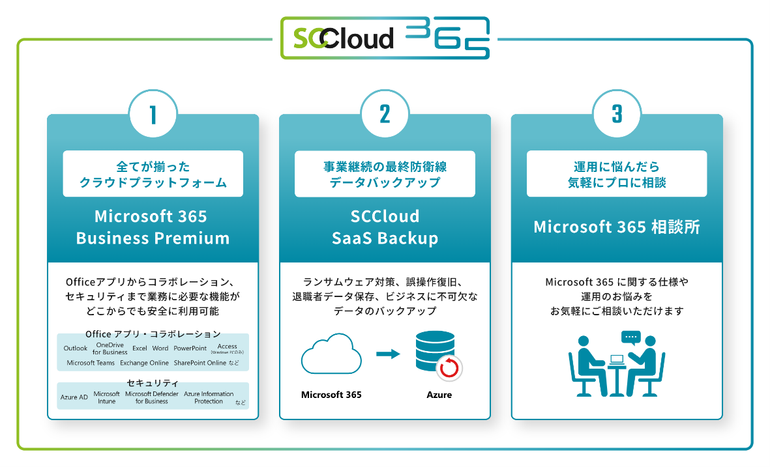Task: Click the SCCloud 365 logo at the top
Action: [385, 38]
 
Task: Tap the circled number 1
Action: [153, 115]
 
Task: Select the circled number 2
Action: [385, 115]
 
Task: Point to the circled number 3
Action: [617, 115]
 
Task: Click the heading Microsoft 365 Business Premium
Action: [153, 227]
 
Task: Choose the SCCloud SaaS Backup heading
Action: [385, 227]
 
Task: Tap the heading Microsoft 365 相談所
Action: [616, 227]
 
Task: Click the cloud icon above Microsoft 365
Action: [331, 355]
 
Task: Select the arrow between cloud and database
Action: [388, 354]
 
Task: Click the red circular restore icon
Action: [449, 369]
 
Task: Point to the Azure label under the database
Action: [439, 395]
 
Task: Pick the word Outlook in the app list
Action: [76, 348]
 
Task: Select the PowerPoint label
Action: [190, 348]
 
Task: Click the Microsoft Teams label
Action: [91, 363]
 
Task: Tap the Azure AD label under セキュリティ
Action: [74, 397]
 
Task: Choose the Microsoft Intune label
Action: [106, 397]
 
